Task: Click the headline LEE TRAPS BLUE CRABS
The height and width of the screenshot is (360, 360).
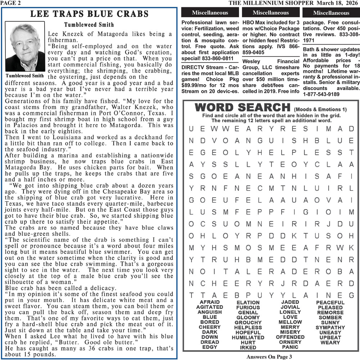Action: point(89,14)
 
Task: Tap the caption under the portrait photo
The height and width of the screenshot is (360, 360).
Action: point(25,76)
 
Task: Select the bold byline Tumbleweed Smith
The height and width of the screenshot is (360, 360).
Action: point(89,25)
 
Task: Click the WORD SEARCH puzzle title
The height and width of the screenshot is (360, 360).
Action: point(242,107)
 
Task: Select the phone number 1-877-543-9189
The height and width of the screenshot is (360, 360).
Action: point(321,94)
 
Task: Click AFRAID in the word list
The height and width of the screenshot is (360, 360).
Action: point(210,302)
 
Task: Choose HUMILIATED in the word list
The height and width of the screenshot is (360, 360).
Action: point(248,338)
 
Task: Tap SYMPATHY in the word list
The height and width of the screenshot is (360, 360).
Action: point(330,328)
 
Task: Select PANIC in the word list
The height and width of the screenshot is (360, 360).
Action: point(290,347)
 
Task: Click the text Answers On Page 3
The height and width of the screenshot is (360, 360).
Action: point(269,357)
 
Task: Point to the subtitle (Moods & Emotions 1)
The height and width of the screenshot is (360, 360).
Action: point(320,109)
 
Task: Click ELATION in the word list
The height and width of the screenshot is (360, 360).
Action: point(248,302)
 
